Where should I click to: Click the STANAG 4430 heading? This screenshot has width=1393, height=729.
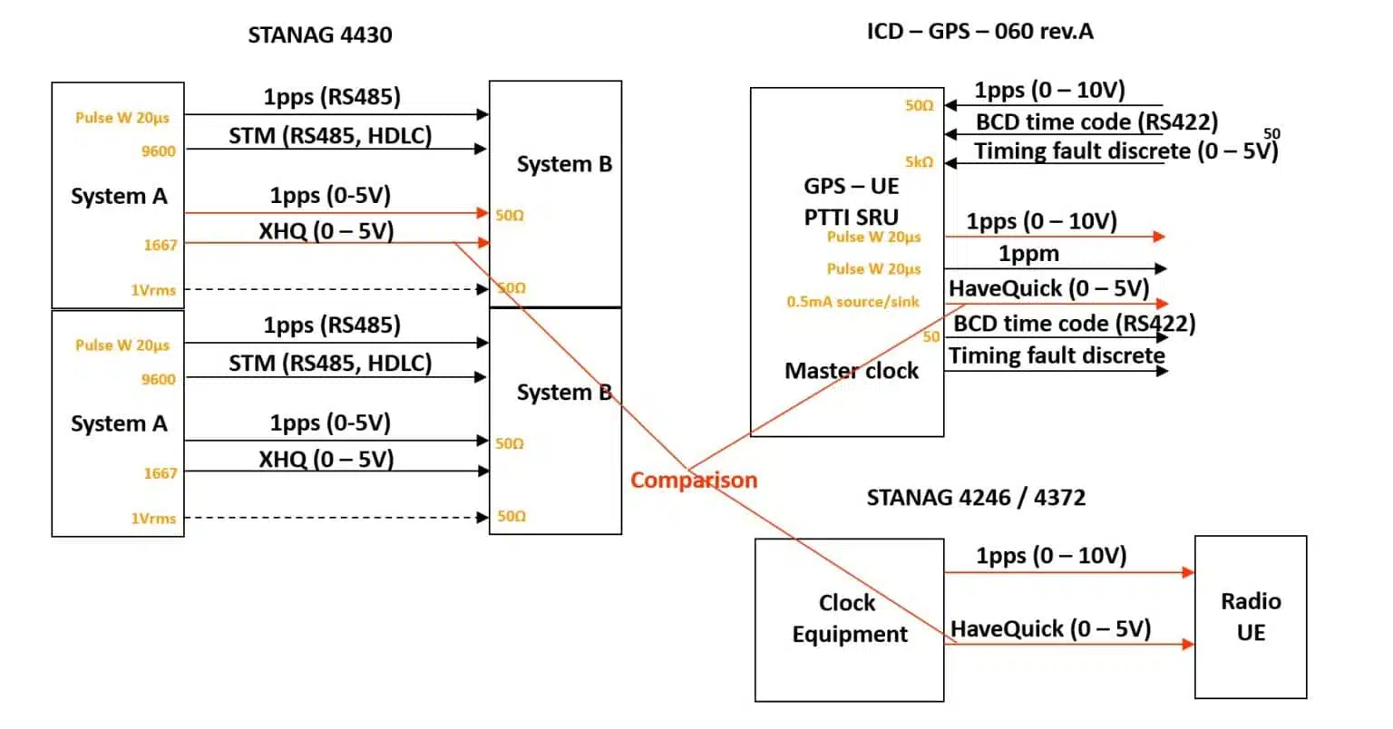pos(320,35)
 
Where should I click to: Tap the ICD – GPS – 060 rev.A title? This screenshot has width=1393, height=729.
pos(979,32)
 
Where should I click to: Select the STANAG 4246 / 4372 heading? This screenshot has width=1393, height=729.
pos(976,497)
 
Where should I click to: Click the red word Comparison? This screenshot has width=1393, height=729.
pos(694,480)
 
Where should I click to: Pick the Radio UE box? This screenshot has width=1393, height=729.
pos(1250,617)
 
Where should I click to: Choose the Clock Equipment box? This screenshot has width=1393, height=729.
pos(849,618)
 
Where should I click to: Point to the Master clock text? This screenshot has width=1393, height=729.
pos(851,371)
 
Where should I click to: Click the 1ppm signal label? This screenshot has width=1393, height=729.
pos(1028,254)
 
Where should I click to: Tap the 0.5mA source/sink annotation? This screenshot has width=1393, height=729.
pos(852,302)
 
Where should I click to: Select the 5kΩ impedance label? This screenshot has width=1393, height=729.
pos(919,162)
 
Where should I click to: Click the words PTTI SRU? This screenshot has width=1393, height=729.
pos(851,217)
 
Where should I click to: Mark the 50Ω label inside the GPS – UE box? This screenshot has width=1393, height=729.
pos(919,106)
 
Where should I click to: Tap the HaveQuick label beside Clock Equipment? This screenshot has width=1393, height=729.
pos(1050,628)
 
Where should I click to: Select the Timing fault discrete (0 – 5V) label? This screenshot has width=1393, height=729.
pos(1125,151)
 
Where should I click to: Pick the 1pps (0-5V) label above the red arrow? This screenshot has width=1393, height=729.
pos(330,195)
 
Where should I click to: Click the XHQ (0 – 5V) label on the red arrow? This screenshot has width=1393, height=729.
pos(326,230)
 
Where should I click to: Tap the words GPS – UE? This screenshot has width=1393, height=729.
pos(851,186)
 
